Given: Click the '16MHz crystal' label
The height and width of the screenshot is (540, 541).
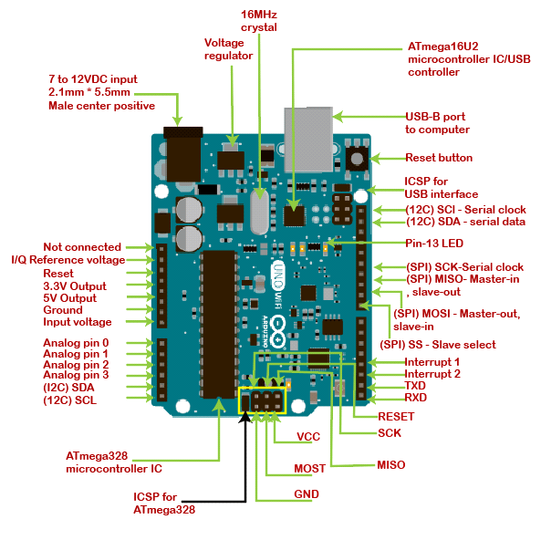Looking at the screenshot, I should coord(258,21).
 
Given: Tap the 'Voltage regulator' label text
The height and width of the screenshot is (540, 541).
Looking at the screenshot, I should coord(227,48).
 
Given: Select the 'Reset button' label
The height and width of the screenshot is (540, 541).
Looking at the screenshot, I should coord(439,158).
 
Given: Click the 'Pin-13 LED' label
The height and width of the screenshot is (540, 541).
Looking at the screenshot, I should coord(434,244).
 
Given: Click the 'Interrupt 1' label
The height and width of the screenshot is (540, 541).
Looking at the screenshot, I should coord(432,361).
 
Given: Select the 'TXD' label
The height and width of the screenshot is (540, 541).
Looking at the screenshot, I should coord(416,386).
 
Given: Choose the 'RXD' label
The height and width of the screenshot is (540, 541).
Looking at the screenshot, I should coord(416,398).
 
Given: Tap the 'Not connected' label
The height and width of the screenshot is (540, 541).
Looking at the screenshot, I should coord(82,247).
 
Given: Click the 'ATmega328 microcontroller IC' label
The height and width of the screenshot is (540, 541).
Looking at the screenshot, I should coord(114,462).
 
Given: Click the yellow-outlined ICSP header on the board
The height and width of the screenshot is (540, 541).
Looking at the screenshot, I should coord(262,400).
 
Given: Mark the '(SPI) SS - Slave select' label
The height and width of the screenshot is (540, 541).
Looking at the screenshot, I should coord(438,345).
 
